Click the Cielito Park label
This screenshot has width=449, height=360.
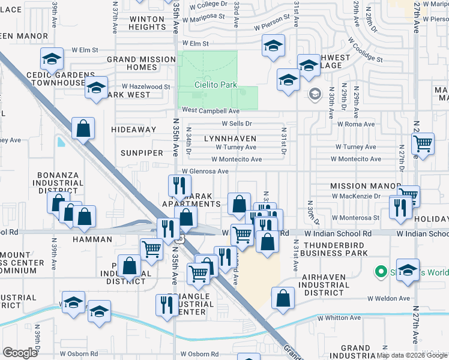[215, 85]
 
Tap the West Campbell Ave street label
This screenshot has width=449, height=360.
[211, 111]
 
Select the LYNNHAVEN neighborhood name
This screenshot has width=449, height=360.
[230, 139]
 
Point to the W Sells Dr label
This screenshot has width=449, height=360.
[240, 124]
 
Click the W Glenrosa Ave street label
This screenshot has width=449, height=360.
[205, 171]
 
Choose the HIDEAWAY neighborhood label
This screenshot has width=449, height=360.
[134, 130]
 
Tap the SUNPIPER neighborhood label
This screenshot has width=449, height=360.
[141, 153]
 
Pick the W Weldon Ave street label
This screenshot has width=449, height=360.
[388, 298]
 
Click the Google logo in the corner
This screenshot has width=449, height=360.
[20, 352]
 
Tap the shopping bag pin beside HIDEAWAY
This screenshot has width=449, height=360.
[83, 128]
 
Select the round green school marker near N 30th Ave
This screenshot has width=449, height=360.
[315, 94]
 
